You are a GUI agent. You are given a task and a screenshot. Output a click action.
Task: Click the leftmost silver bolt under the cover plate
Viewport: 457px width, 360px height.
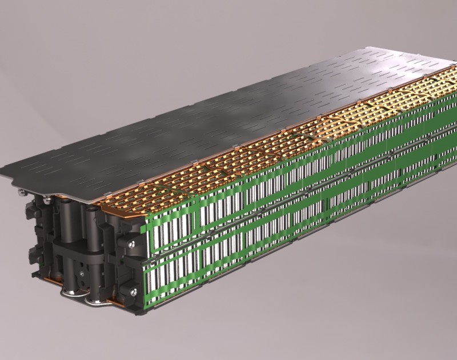(x=22, y=193)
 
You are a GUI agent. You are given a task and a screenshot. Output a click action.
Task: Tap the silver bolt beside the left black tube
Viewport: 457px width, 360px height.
(x=48, y=199)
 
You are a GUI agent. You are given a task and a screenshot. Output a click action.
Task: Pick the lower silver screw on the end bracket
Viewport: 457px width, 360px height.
(x=133, y=291)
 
